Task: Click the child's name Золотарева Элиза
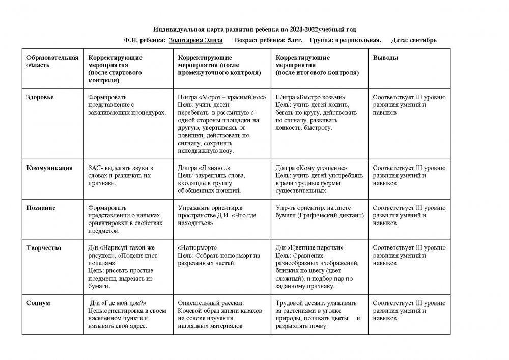pos(196,40)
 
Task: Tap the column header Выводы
pos(386,58)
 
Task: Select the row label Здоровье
pos(40,97)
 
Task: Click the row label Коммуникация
pos(49,168)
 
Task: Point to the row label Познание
pos(41,208)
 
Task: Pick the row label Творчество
pos(44,248)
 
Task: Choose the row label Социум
pos(38,303)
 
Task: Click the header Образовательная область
pos(52,61)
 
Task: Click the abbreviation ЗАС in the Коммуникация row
pos(95,168)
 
